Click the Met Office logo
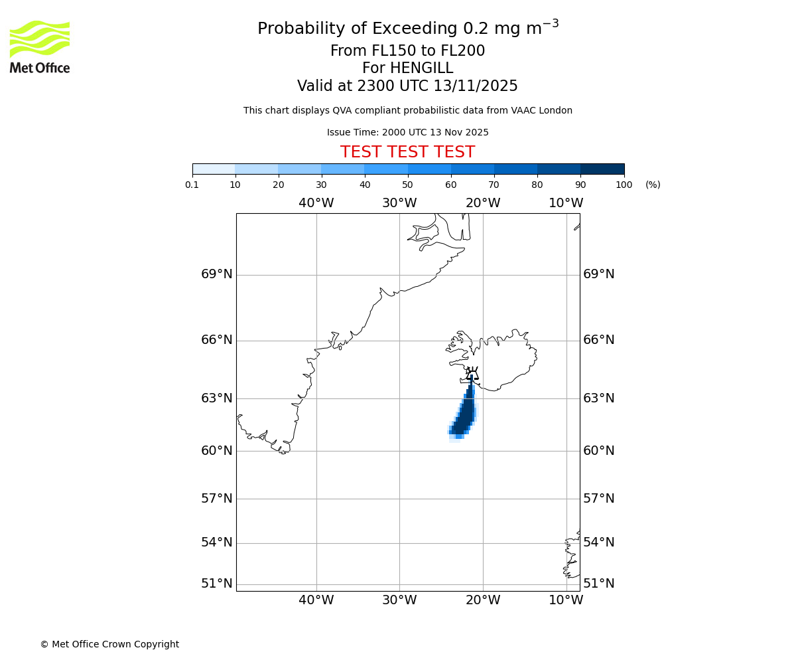[40, 46]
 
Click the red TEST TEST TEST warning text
[407, 152]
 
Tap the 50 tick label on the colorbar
[407, 185]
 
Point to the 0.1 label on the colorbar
[192, 185]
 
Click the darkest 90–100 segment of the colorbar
[602, 169]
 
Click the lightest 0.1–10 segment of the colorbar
[214, 169]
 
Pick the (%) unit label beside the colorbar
[653, 185]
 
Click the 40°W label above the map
[316, 203]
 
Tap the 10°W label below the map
[566, 600]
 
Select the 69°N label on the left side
[217, 274]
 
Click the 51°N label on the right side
[598, 584]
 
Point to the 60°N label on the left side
[217, 451]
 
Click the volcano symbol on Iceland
[472, 374]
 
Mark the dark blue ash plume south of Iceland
[466, 415]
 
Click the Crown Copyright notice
[109, 644]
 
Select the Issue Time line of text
[407, 132]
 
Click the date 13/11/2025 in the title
[476, 86]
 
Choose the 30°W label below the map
[399, 600]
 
